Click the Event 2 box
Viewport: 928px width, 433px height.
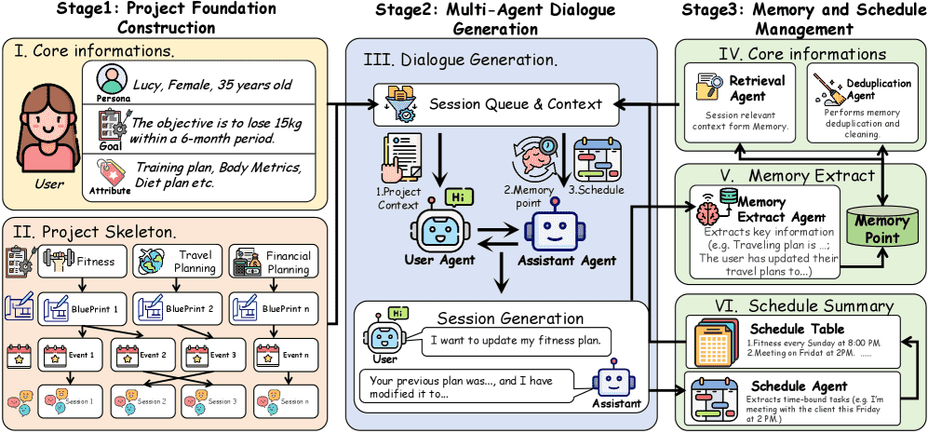tap(143, 354)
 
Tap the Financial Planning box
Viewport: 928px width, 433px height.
tap(272, 262)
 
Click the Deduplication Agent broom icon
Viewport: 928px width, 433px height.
tap(827, 91)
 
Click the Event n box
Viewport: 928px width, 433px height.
tap(289, 354)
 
